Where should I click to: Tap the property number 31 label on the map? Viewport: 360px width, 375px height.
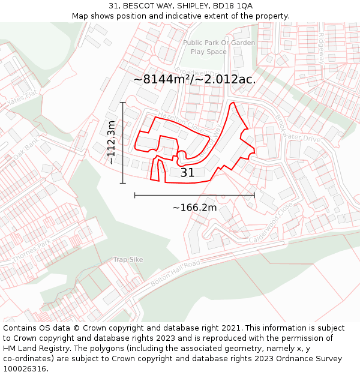click(187, 173)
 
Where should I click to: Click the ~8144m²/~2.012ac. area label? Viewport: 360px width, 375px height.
click(194, 79)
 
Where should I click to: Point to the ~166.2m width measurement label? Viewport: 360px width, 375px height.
click(194, 208)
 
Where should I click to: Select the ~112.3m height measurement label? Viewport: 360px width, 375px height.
click(111, 142)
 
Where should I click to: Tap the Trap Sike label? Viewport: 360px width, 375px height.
click(128, 260)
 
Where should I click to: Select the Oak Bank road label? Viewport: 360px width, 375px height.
click(26, 148)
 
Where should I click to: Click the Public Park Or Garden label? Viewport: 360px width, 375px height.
click(219, 43)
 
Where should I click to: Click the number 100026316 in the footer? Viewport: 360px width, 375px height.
click(26, 368)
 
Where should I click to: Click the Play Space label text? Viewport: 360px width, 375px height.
click(209, 52)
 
